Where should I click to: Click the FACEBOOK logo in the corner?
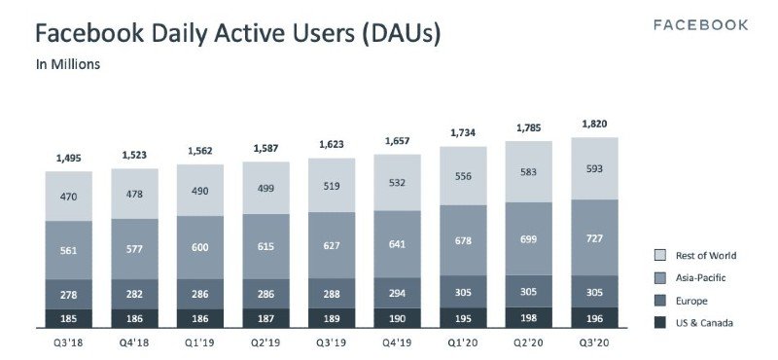point(700,24)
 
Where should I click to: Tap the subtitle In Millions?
point(69,65)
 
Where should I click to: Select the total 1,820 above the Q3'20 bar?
point(595,124)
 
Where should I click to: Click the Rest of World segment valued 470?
point(69,196)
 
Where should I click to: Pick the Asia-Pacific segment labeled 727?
point(595,236)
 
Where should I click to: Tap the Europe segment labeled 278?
point(69,294)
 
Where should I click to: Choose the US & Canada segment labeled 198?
point(529,317)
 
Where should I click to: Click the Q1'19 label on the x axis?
point(200,342)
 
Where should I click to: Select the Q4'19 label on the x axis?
point(398,342)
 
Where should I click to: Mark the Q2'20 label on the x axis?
point(529,342)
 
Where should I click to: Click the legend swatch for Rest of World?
point(659,256)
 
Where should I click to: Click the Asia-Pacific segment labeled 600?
point(200,247)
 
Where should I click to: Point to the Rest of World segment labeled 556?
point(464,175)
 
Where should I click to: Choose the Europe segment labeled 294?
point(398,292)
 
